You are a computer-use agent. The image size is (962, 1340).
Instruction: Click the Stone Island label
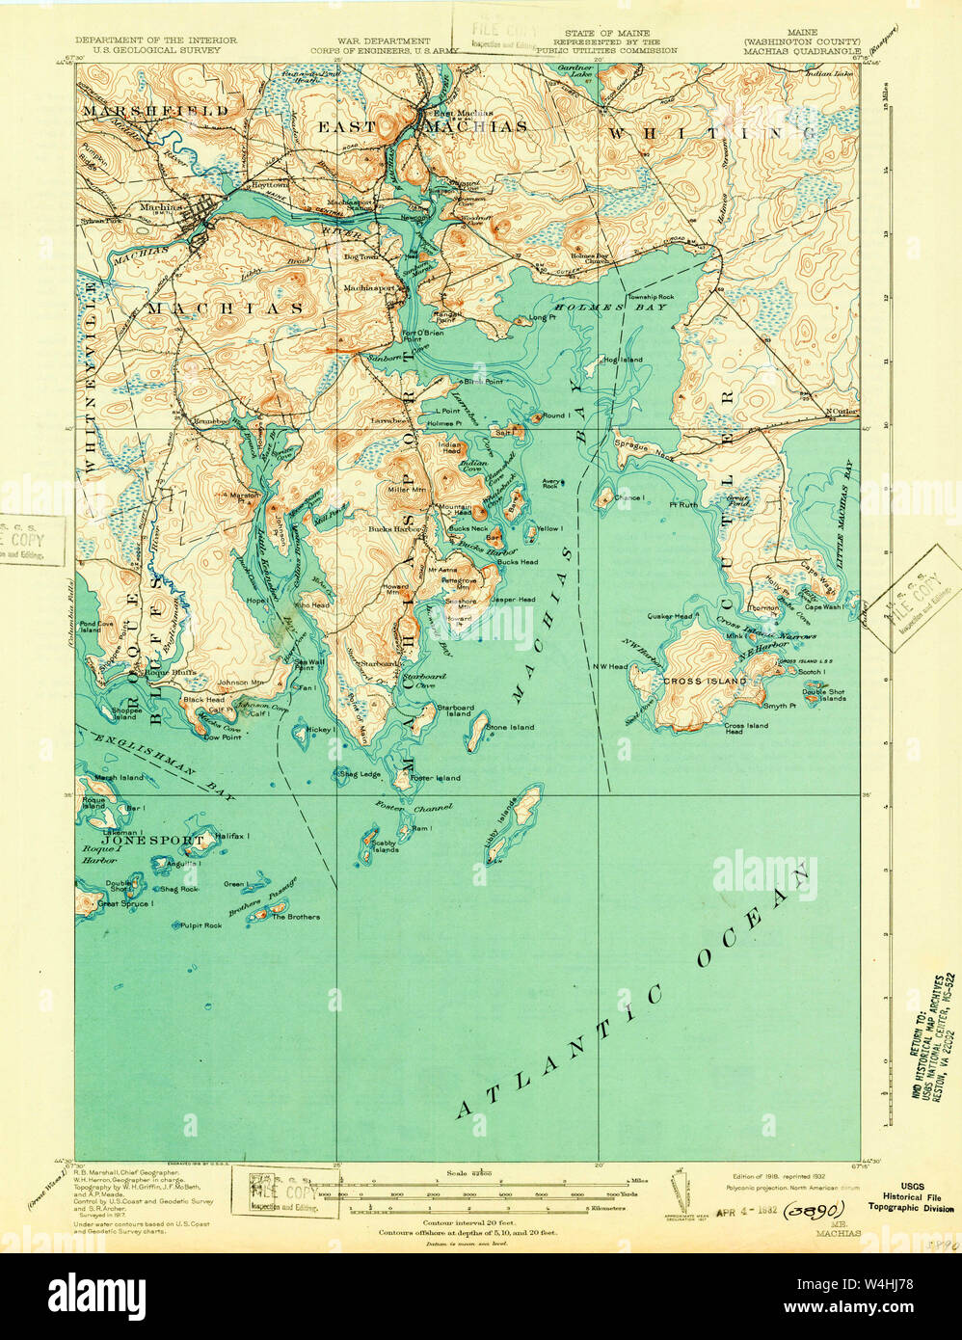click(510, 727)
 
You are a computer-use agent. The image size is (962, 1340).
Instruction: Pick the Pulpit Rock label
click(200, 925)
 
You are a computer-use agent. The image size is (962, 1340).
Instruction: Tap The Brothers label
click(295, 916)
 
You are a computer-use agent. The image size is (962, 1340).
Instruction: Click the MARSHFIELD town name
click(155, 111)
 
